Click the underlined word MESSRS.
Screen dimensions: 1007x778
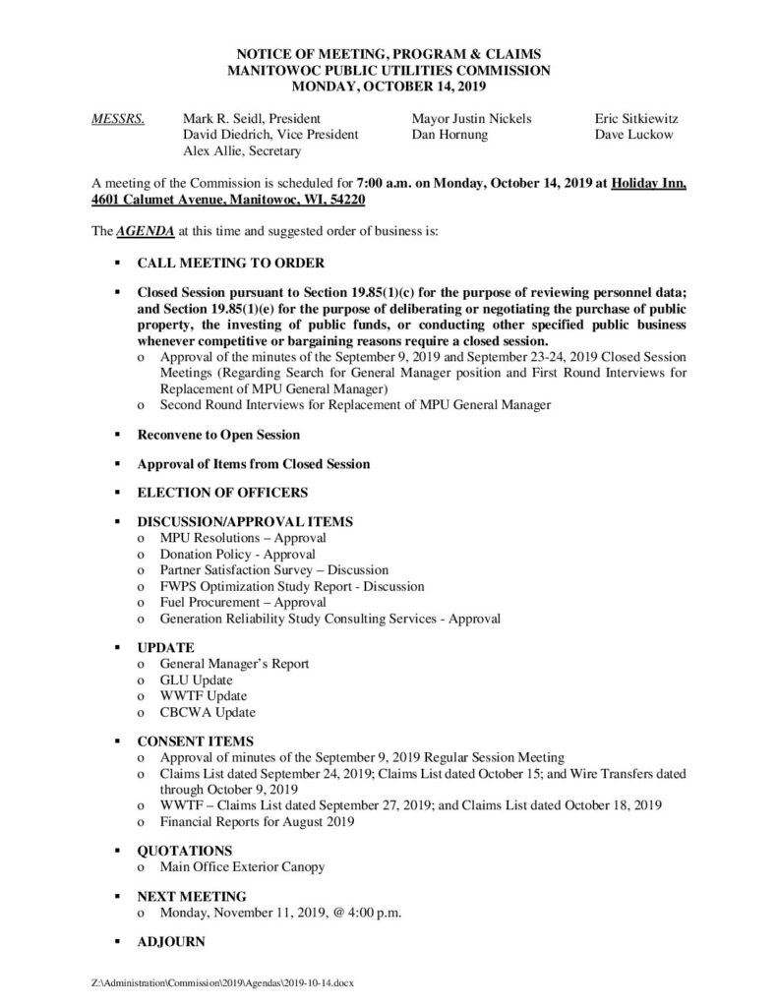[117, 119]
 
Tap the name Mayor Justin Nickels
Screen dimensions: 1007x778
[472, 119]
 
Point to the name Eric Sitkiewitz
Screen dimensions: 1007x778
[636, 119]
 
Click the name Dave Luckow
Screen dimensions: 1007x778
[633, 135]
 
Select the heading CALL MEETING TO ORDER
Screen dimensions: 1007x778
[230, 263]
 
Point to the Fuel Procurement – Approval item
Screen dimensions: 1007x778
[243, 602]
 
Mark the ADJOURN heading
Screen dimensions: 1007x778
[171, 941]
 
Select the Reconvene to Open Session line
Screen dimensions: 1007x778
[218, 434]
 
